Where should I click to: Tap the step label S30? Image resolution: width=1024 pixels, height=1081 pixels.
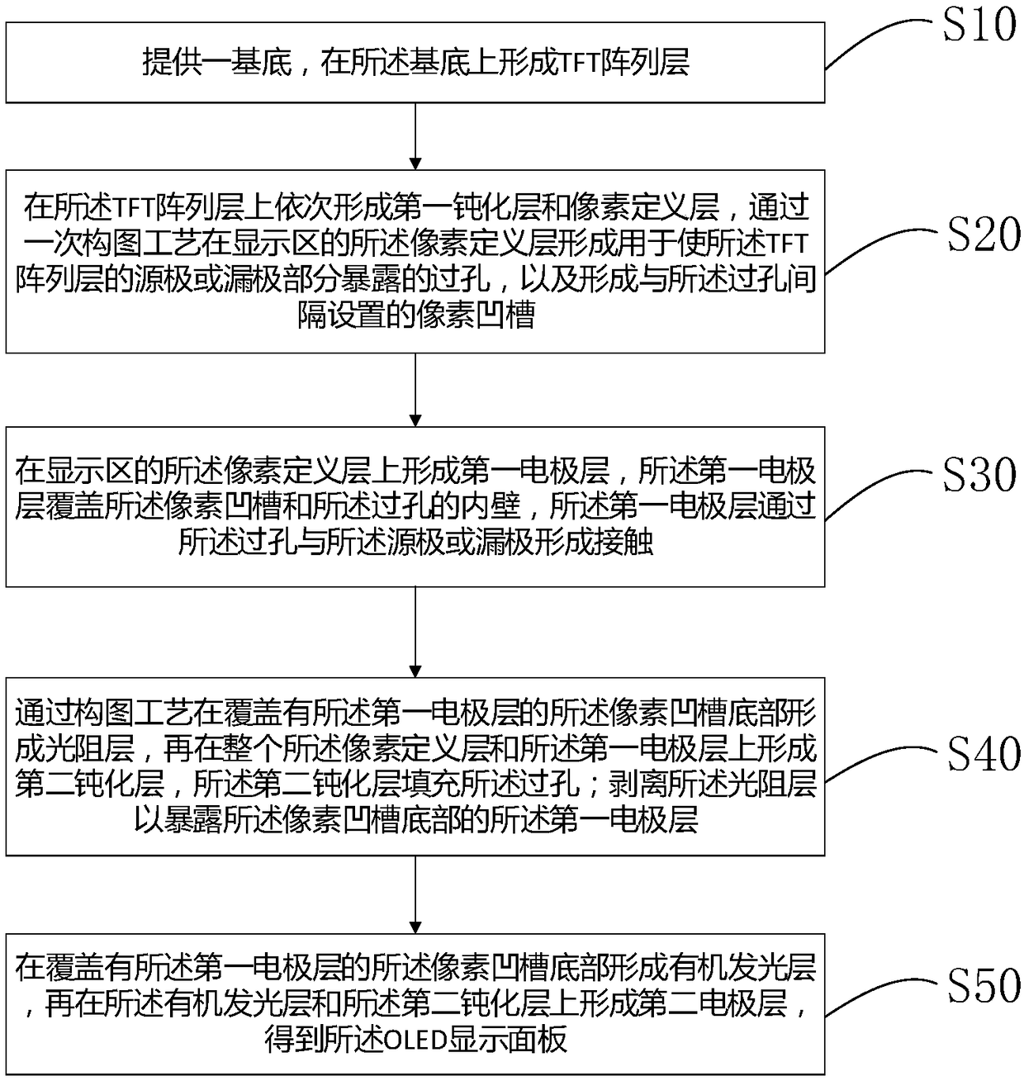979,474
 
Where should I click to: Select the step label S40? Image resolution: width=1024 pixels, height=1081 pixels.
983,753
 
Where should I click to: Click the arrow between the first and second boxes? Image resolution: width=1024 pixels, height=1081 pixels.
415,136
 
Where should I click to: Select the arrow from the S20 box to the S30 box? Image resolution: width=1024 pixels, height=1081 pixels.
415,389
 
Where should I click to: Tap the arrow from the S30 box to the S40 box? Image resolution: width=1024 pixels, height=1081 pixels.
415,632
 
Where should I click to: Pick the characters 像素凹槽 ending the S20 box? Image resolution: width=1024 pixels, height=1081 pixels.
475,315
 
